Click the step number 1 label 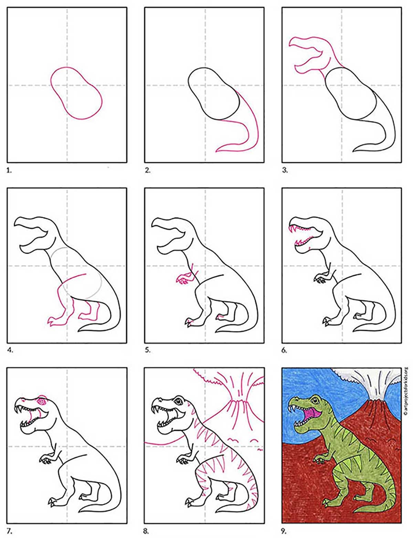(x=9, y=170)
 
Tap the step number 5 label (x=147, y=350)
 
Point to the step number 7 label (x=10, y=531)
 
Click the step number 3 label (x=285, y=170)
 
